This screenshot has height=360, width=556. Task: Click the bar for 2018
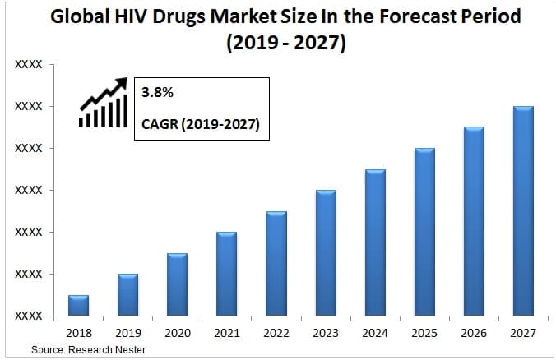click(78, 305)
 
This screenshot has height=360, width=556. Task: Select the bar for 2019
click(127, 294)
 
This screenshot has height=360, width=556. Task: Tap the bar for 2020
click(177, 284)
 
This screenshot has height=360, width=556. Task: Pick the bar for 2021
click(226, 274)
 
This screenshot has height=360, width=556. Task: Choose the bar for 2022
click(276, 263)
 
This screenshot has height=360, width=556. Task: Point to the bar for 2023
click(326, 252)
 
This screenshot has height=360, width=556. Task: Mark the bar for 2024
click(375, 242)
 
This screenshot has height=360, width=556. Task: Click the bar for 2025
click(424, 232)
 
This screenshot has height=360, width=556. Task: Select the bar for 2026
click(474, 221)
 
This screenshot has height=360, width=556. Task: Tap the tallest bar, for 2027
click(523, 210)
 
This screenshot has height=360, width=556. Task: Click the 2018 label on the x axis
click(78, 333)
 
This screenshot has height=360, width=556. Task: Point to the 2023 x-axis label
click(326, 333)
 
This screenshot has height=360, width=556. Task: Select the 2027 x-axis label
click(523, 333)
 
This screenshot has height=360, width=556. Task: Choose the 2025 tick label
click(424, 333)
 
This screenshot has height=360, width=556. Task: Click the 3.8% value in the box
click(158, 94)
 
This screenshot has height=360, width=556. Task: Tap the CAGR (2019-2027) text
click(201, 125)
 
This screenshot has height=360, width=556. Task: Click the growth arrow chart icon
click(104, 104)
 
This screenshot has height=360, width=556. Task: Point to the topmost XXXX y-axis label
click(29, 64)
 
